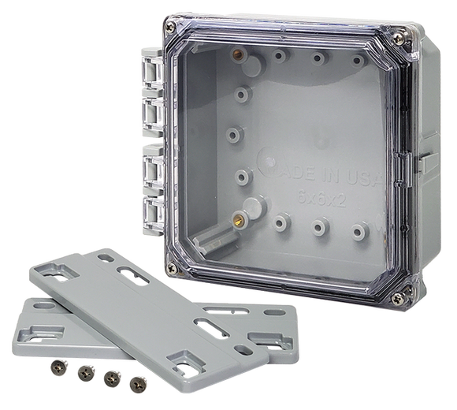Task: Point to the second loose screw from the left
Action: click(83, 371)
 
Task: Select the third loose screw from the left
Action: click(111, 377)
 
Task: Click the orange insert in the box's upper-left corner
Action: click(236, 54)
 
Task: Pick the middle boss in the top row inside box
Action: click(317, 57)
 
